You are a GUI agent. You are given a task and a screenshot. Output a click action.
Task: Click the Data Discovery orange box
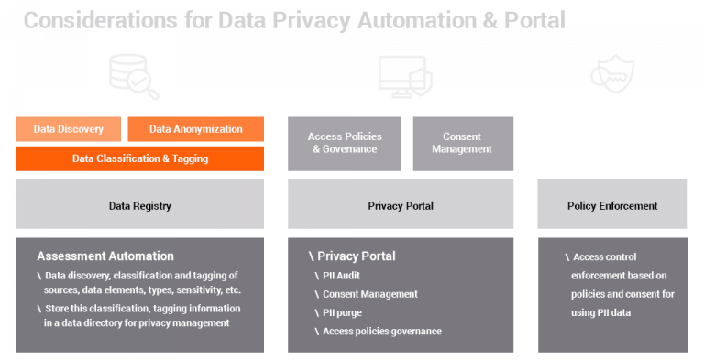coord(68,129)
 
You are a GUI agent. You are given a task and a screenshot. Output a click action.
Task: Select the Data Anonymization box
coord(195,129)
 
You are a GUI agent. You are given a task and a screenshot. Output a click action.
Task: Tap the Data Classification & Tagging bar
coord(140,158)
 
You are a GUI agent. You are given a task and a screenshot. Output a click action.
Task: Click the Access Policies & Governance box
coord(345,144)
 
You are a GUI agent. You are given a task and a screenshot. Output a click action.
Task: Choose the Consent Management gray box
coord(462,144)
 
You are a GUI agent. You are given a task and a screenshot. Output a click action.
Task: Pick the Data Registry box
coord(140,206)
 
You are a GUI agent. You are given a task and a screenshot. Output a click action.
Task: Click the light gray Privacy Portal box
coord(401,206)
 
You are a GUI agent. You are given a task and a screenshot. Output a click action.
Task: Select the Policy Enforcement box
coord(612,206)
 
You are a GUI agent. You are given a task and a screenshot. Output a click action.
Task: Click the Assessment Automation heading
coord(105,256)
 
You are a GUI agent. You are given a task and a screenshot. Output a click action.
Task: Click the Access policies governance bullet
coord(381,331)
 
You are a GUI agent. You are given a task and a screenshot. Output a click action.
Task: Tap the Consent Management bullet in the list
coord(369,294)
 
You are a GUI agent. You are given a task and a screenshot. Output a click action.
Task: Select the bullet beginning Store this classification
coord(142,315)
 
